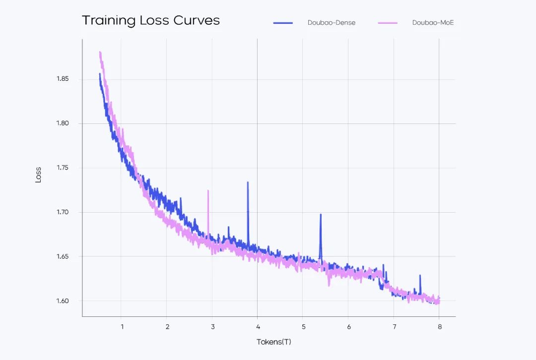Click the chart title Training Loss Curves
pyautogui.click(x=150, y=21)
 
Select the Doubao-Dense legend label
pyautogui.click(x=331, y=23)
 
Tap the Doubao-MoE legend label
pyautogui.click(x=433, y=23)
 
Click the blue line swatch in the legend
pyautogui.click(x=283, y=23)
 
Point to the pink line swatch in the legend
pyautogui.click(x=388, y=23)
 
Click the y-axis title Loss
pyautogui.click(x=38, y=175)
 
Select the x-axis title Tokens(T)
pyautogui.click(x=273, y=342)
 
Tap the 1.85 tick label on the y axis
pyautogui.click(x=63, y=79)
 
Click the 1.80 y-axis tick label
pyautogui.click(x=63, y=123)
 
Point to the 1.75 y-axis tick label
pyautogui.click(x=63, y=168)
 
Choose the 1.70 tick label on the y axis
pyautogui.click(x=63, y=212)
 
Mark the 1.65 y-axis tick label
pyautogui.click(x=63, y=257)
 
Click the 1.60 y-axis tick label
pyautogui.click(x=63, y=301)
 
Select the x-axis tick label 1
pyautogui.click(x=122, y=326)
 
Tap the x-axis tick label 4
pyautogui.click(x=258, y=326)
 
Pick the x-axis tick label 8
pyautogui.click(x=439, y=326)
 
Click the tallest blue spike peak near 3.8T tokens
pyautogui.click(x=248, y=182)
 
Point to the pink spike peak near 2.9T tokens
pyautogui.click(x=208, y=190)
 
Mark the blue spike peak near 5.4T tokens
pyautogui.click(x=321, y=215)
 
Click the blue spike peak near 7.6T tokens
pyautogui.click(x=420, y=276)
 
